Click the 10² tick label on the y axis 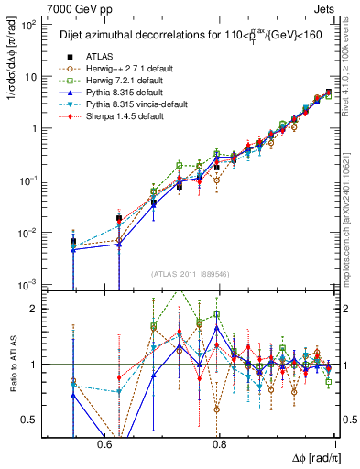pyautogui.click(x=29, y=25)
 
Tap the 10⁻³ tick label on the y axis pyautogui.click(x=29, y=285)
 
